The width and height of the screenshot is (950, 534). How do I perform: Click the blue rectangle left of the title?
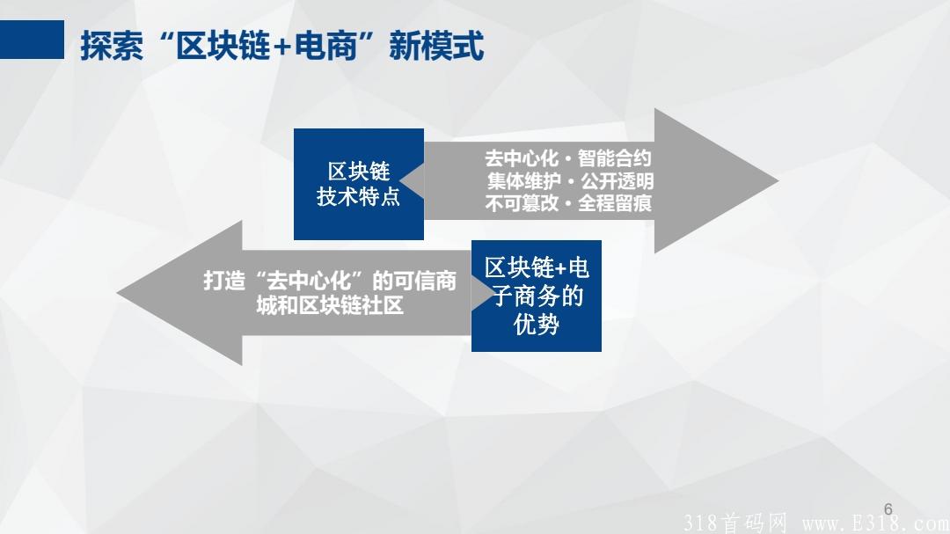click(x=33, y=40)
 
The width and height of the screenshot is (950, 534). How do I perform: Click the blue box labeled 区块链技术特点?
click(x=358, y=183)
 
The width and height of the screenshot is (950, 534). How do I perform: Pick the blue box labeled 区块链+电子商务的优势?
click(x=536, y=296)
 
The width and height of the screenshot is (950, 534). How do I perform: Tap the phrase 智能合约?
click(x=615, y=159)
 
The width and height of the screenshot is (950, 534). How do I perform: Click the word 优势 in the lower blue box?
click(x=536, y=324)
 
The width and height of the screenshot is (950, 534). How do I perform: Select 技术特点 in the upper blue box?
click(x=358, y=196)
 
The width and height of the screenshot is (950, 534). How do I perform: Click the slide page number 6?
click(x=888, y=508)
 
